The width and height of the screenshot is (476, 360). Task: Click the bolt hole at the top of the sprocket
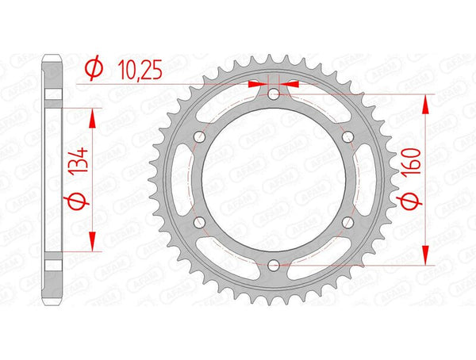[x=272, y=95]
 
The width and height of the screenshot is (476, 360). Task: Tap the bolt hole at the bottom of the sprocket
[x=272, y=264]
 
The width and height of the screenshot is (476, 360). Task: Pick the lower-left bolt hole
[x=199, y=222]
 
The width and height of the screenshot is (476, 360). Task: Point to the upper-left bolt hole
[x=199, y=137]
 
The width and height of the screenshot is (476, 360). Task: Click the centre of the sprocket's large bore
[x=272, y=180]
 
